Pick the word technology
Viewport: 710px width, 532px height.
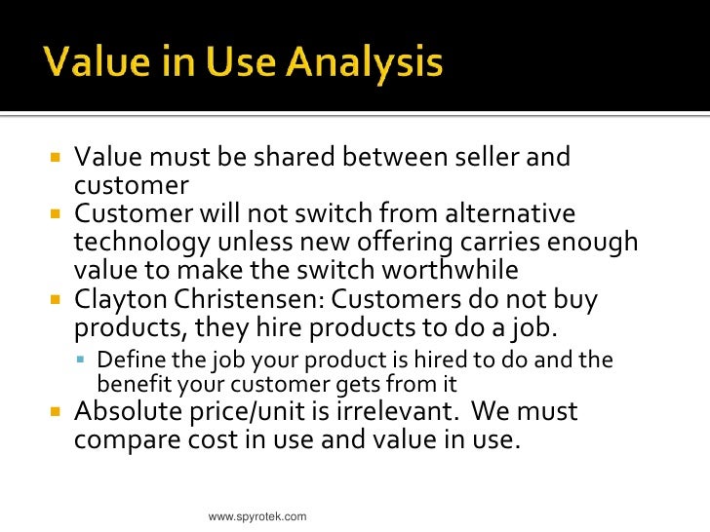136,242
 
